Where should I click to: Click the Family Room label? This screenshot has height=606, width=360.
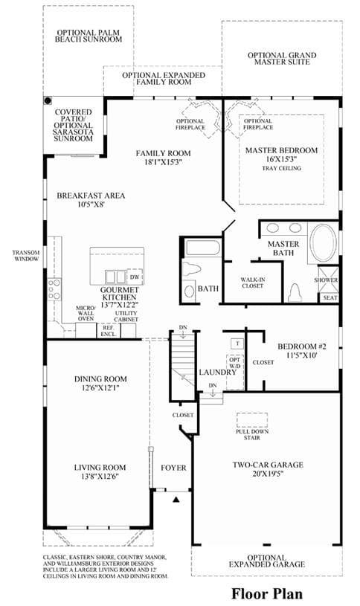(163, 153)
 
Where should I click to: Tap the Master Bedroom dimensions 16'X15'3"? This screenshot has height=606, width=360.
(281, 159)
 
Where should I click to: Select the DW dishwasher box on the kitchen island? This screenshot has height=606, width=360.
(135, 277)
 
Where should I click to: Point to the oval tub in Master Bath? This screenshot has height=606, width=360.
(324, 244)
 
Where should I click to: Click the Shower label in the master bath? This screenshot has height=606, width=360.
(326, 280)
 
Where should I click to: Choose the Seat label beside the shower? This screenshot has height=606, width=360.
(330, 297)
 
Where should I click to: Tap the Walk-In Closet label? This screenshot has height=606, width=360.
(252, 283)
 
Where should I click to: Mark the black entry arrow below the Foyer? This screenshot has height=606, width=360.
(176, 500)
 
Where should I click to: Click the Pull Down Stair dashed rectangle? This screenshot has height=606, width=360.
(252, 419)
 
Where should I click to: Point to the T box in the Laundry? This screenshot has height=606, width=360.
(237, 344)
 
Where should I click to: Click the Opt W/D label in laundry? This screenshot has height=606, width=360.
(235, 362)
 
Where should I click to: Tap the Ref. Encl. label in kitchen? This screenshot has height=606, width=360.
(109, 330)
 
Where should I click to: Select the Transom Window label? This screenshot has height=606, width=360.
(26, 256)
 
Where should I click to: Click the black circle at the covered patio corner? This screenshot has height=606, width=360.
(48, 101)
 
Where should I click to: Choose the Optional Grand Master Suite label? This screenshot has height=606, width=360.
(282, 58)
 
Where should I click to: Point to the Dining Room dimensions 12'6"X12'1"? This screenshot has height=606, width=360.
(100, 387)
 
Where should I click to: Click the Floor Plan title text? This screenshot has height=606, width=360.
(267, 593)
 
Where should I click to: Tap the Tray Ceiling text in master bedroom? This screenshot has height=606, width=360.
(281, 168)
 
